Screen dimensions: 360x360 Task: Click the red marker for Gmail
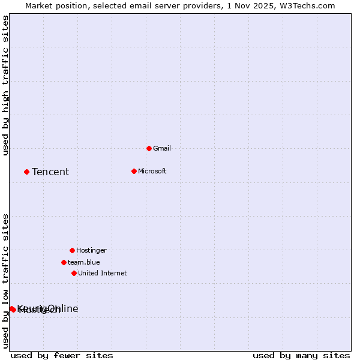(x=149, y=148)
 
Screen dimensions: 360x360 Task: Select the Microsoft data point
(x=134, y=171)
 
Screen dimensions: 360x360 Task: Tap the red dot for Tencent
(x=26, y=172)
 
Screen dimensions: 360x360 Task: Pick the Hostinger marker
(x=72, y=250)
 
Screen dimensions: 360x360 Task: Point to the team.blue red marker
(x=64, y=262)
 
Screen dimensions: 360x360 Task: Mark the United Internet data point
(x=74, y=273)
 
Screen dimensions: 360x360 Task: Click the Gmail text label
(x=162, y=148)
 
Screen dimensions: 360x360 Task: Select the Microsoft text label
(x=152, y=171)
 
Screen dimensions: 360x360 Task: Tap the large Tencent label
(x=50, y=172)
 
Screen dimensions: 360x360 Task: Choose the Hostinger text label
(x=91, y=250)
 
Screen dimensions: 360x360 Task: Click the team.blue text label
(x=84, y=262)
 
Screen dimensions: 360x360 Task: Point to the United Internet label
(x=103, y=273)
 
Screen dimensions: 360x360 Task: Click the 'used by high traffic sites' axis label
(x=6, y=85)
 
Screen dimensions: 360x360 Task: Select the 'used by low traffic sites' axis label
(x=6, y=280)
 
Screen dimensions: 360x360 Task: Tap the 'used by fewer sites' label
(x=62, y=356)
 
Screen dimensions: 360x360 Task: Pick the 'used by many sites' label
(x=301, y=356)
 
